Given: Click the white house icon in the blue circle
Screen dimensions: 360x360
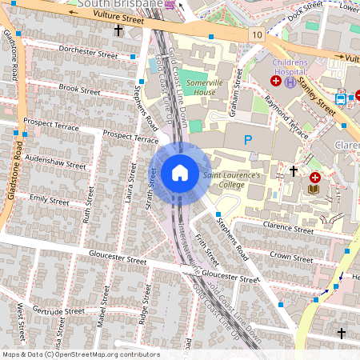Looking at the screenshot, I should pos(180,172).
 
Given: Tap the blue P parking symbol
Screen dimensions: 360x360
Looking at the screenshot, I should pos(247,139).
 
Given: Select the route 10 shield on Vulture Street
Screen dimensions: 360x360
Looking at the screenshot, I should pos(255,35).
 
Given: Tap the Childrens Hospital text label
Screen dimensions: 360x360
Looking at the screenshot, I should pos(290,65).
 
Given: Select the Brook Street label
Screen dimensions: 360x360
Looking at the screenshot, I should pos(78,89).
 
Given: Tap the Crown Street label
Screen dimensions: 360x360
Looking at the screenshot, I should pos(291,258).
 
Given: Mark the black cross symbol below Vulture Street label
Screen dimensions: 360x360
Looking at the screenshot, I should pos(119,30).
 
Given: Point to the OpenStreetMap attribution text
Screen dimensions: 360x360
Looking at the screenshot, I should pos(81,354).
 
